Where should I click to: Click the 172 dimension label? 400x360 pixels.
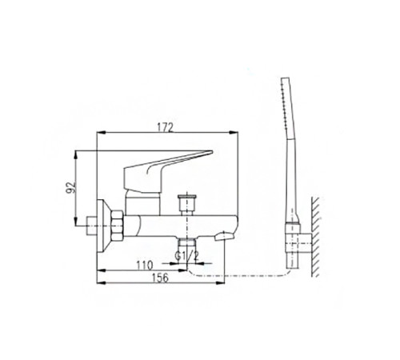tap(165, 127)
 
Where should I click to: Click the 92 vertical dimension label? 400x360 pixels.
tap(71, 187)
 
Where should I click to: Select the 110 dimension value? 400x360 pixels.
tap(145, 266)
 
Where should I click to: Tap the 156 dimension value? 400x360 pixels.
tap(161, 278)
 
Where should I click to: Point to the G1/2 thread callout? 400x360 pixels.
tap(187, 256)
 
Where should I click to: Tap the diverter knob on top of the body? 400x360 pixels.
tap(187, 202)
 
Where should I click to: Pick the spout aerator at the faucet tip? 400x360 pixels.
tap(225, 236)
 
